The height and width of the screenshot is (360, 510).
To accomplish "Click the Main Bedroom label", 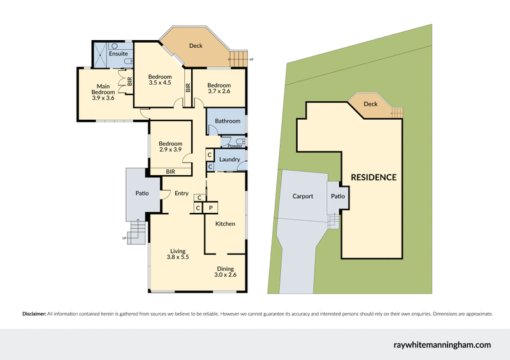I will coord(103,92).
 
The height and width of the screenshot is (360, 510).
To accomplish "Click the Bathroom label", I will coord(228,121).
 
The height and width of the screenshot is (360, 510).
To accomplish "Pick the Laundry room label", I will coord(228,159).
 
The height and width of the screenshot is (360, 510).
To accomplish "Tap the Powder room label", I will coord(226,145).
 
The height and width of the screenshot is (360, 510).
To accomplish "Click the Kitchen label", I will coord(225,224).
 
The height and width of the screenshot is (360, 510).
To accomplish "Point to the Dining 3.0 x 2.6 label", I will coord(226,271).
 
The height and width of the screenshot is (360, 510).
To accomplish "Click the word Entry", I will coord(182,194).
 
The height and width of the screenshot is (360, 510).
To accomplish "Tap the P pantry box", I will coord(211,208).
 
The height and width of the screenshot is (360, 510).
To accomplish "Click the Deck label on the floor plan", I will coord(196,46).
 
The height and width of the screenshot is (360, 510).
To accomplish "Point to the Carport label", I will coord(303,196).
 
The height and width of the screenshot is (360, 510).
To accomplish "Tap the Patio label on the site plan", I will coord(337,196).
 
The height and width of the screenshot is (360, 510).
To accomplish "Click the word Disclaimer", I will coord(34,313).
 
